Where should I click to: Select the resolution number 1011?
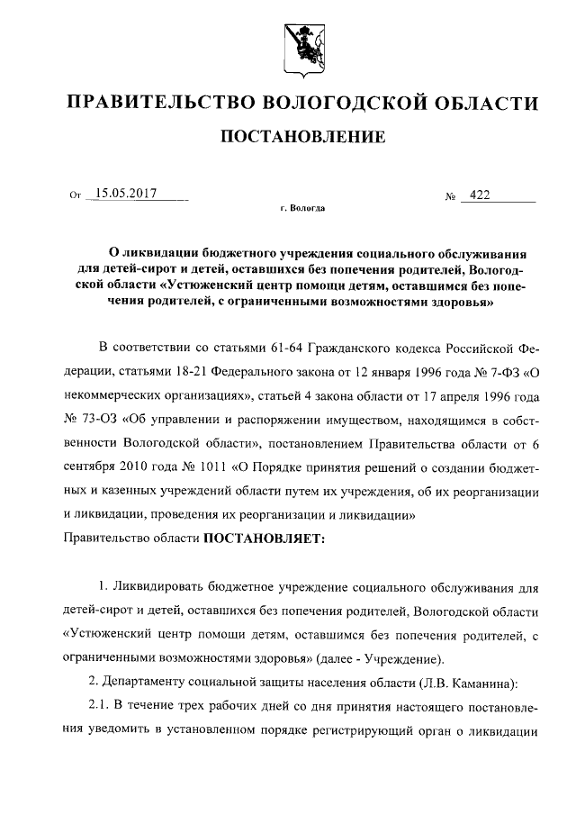pyautogui.click(x=211, y=466)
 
